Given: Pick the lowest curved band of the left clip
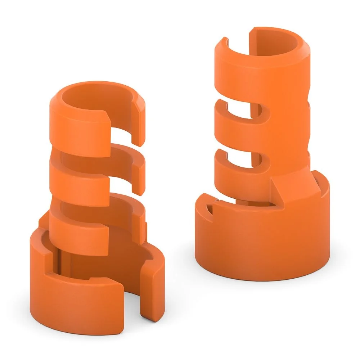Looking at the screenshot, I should (x=77, y=230).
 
